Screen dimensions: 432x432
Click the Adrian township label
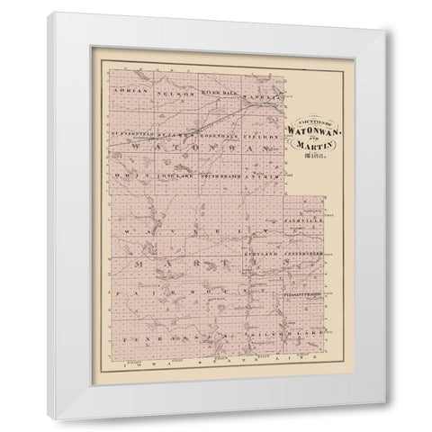pyautogui.click(x=125, y=91)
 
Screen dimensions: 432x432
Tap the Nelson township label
pyautogui.click(x=170, y=91)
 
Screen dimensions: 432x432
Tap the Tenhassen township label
pyautogui.click(x=153, y=334)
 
